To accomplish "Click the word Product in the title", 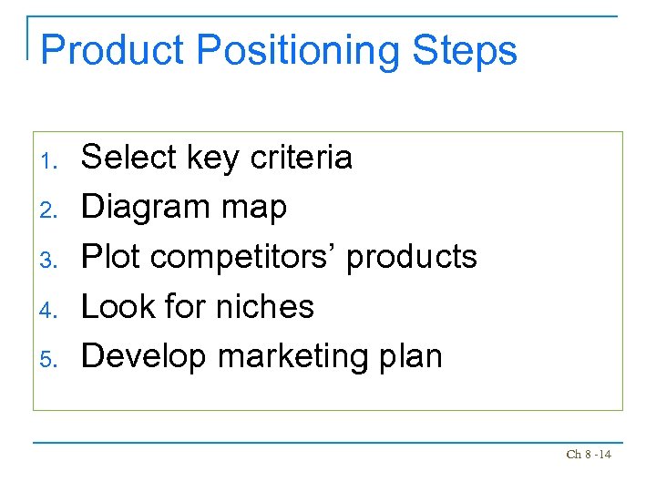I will point(112,50).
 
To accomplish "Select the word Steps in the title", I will point(465,52).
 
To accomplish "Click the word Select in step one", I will point(128,158).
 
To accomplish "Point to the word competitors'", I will point(244,258).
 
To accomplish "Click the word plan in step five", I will point(413,357).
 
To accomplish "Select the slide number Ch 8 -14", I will point(589,454).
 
